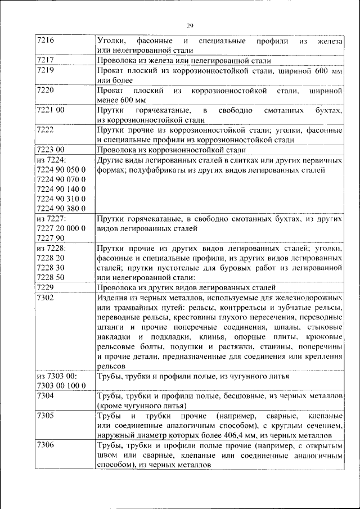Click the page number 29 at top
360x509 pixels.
190,25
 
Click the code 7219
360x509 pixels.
45,70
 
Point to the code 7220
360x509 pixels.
45,90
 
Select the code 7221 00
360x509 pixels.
50,110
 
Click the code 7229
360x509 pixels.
45,287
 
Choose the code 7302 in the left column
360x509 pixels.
45,297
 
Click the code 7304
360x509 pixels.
45,396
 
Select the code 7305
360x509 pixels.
45,416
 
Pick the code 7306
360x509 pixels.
45,445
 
